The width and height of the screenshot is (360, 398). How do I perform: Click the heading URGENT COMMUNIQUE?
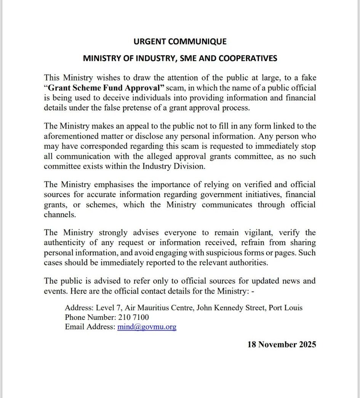[180, 41]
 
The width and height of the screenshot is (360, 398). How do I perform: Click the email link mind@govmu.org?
[147, 327]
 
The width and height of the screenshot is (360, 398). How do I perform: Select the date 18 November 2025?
[282, 345]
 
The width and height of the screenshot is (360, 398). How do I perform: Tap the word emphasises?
[114, 185]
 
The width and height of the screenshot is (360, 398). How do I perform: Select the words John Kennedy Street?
[230, 308]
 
